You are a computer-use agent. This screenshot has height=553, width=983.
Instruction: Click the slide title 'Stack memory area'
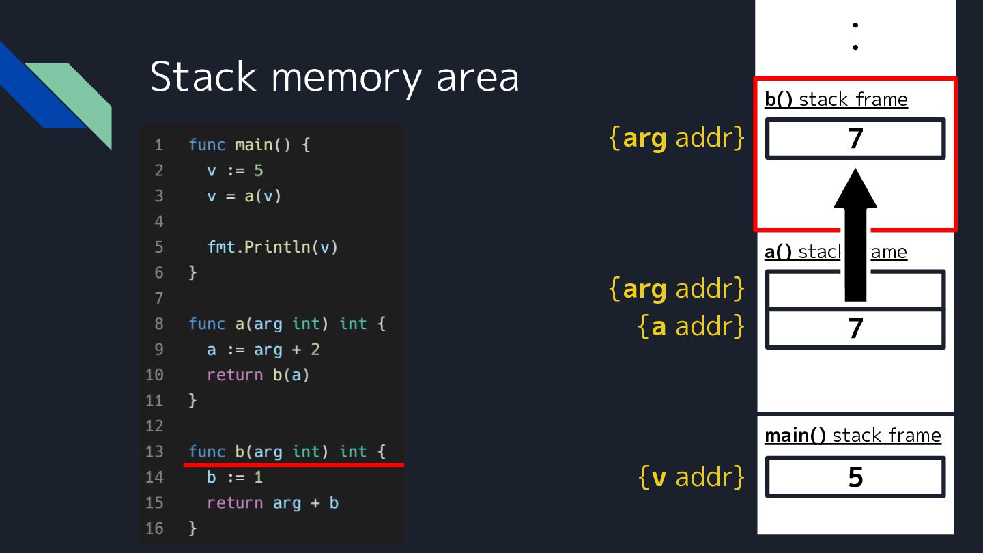point(334,78)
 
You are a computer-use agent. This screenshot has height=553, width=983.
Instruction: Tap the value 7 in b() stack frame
point(855,139)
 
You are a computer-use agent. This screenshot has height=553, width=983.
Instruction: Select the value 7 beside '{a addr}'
point(855,328)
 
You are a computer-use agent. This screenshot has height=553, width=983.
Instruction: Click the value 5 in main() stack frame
point(855,477)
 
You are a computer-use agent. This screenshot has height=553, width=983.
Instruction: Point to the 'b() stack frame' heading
point(836,100)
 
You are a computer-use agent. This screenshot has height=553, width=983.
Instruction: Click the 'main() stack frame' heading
point(853,436)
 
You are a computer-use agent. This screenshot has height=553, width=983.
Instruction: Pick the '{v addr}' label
point(691,477)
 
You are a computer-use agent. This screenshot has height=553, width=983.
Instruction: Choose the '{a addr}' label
point(691,326)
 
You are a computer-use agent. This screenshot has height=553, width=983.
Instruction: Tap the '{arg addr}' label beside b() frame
point(676,138)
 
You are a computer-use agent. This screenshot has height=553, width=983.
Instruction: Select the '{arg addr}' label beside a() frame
point(676,289)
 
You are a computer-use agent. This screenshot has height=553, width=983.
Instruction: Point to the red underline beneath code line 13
point(294,464)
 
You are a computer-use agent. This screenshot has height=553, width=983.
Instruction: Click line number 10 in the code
point(154,375)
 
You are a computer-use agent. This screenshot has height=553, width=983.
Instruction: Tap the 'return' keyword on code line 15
point(235,503)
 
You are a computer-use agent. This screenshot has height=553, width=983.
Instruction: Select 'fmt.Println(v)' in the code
point(272,247)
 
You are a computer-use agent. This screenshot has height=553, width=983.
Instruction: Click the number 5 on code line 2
point(259,170)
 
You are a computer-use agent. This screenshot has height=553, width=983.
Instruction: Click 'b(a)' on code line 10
point(291,375)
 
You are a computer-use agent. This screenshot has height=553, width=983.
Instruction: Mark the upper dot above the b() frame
point(855,25)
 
